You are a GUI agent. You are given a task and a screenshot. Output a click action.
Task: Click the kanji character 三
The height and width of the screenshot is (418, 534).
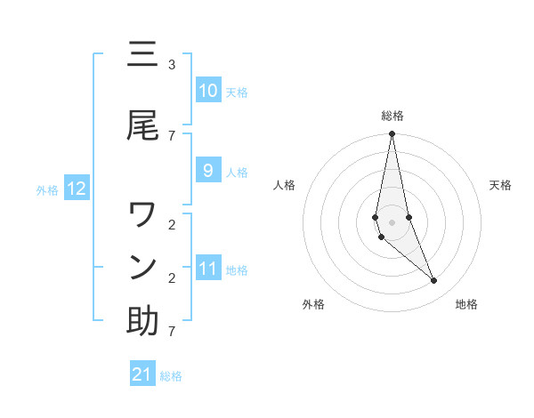coord(142,56)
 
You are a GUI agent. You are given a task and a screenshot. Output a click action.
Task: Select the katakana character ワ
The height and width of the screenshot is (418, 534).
coord(142,214)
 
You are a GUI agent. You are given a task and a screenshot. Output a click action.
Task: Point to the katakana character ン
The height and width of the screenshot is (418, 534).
coord(142,267)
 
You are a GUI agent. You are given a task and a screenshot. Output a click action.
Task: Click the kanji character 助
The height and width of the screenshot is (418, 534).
coord(142,321)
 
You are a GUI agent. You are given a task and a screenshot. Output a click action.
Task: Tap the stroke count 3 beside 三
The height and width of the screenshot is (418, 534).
coord(172,65)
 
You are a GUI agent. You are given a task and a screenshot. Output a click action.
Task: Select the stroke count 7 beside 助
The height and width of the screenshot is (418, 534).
coord(172,332)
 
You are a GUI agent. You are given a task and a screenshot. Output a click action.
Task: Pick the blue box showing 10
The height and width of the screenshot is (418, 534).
coord(208,91)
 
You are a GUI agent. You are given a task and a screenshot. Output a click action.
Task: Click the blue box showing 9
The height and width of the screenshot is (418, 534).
coord(208,171)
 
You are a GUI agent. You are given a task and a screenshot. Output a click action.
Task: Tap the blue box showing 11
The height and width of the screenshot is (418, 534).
coord(208,269)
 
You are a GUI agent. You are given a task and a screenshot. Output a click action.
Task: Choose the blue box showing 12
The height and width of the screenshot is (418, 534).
coord(76,189)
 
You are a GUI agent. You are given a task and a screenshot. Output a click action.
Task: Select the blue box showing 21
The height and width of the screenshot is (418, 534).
coord(142,374)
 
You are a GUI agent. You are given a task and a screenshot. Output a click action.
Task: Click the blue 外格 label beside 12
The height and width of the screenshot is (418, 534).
coord(47,189)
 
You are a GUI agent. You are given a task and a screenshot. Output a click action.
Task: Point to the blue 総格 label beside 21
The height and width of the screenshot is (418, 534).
coord(171,376)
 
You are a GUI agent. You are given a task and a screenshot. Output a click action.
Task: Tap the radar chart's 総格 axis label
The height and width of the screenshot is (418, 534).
coord(392,116)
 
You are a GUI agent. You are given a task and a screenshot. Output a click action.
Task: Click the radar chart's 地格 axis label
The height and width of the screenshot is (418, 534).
coord(466,304)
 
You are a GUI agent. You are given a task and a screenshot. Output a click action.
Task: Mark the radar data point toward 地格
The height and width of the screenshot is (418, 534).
coord(434,281)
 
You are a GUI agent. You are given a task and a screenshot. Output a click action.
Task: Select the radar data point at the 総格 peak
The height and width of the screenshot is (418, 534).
coord(392,134)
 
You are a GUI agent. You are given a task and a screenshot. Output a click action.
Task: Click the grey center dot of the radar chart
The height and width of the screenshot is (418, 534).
coord(392,221)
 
